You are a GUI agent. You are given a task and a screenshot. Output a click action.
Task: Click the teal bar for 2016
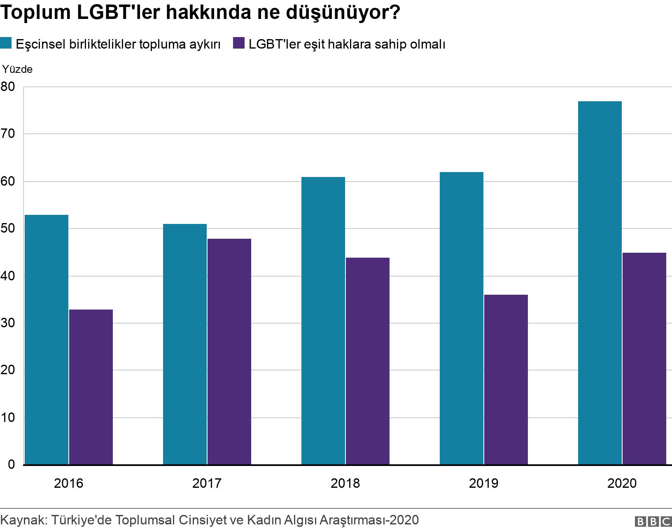[x=47, y=340]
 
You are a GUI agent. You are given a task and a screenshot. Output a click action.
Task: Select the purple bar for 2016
[x=91, y=387]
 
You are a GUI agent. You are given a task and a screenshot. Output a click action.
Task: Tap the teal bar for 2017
[x=185, y=344]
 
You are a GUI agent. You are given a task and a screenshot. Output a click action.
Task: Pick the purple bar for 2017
[x=229, y=352]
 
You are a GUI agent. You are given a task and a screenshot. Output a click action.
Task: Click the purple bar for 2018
[x=368, y=361]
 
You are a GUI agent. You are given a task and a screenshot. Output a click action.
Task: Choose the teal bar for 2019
[x=462, y=318]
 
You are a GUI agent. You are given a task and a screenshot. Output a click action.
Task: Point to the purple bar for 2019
[x=506, y=380]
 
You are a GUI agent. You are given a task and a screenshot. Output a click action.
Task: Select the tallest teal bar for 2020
[x=600, y=283]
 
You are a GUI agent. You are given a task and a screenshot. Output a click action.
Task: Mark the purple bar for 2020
[x=644, y=359]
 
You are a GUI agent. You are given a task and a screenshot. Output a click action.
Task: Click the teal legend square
[x=6, y=43]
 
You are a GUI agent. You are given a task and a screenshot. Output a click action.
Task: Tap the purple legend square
[x=239, y=43]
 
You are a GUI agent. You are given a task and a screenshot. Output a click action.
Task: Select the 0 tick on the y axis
[x=11, y=464]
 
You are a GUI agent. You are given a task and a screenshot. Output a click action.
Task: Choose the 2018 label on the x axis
[x=345, y=483]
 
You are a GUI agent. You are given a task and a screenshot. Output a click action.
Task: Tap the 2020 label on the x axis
[x=622, y=483]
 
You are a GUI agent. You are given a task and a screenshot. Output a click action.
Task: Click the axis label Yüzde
[x=18, y=69]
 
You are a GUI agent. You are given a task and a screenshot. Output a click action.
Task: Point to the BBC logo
[x=653, y=522]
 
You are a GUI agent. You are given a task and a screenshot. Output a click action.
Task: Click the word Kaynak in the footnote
[x=24, y=520]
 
